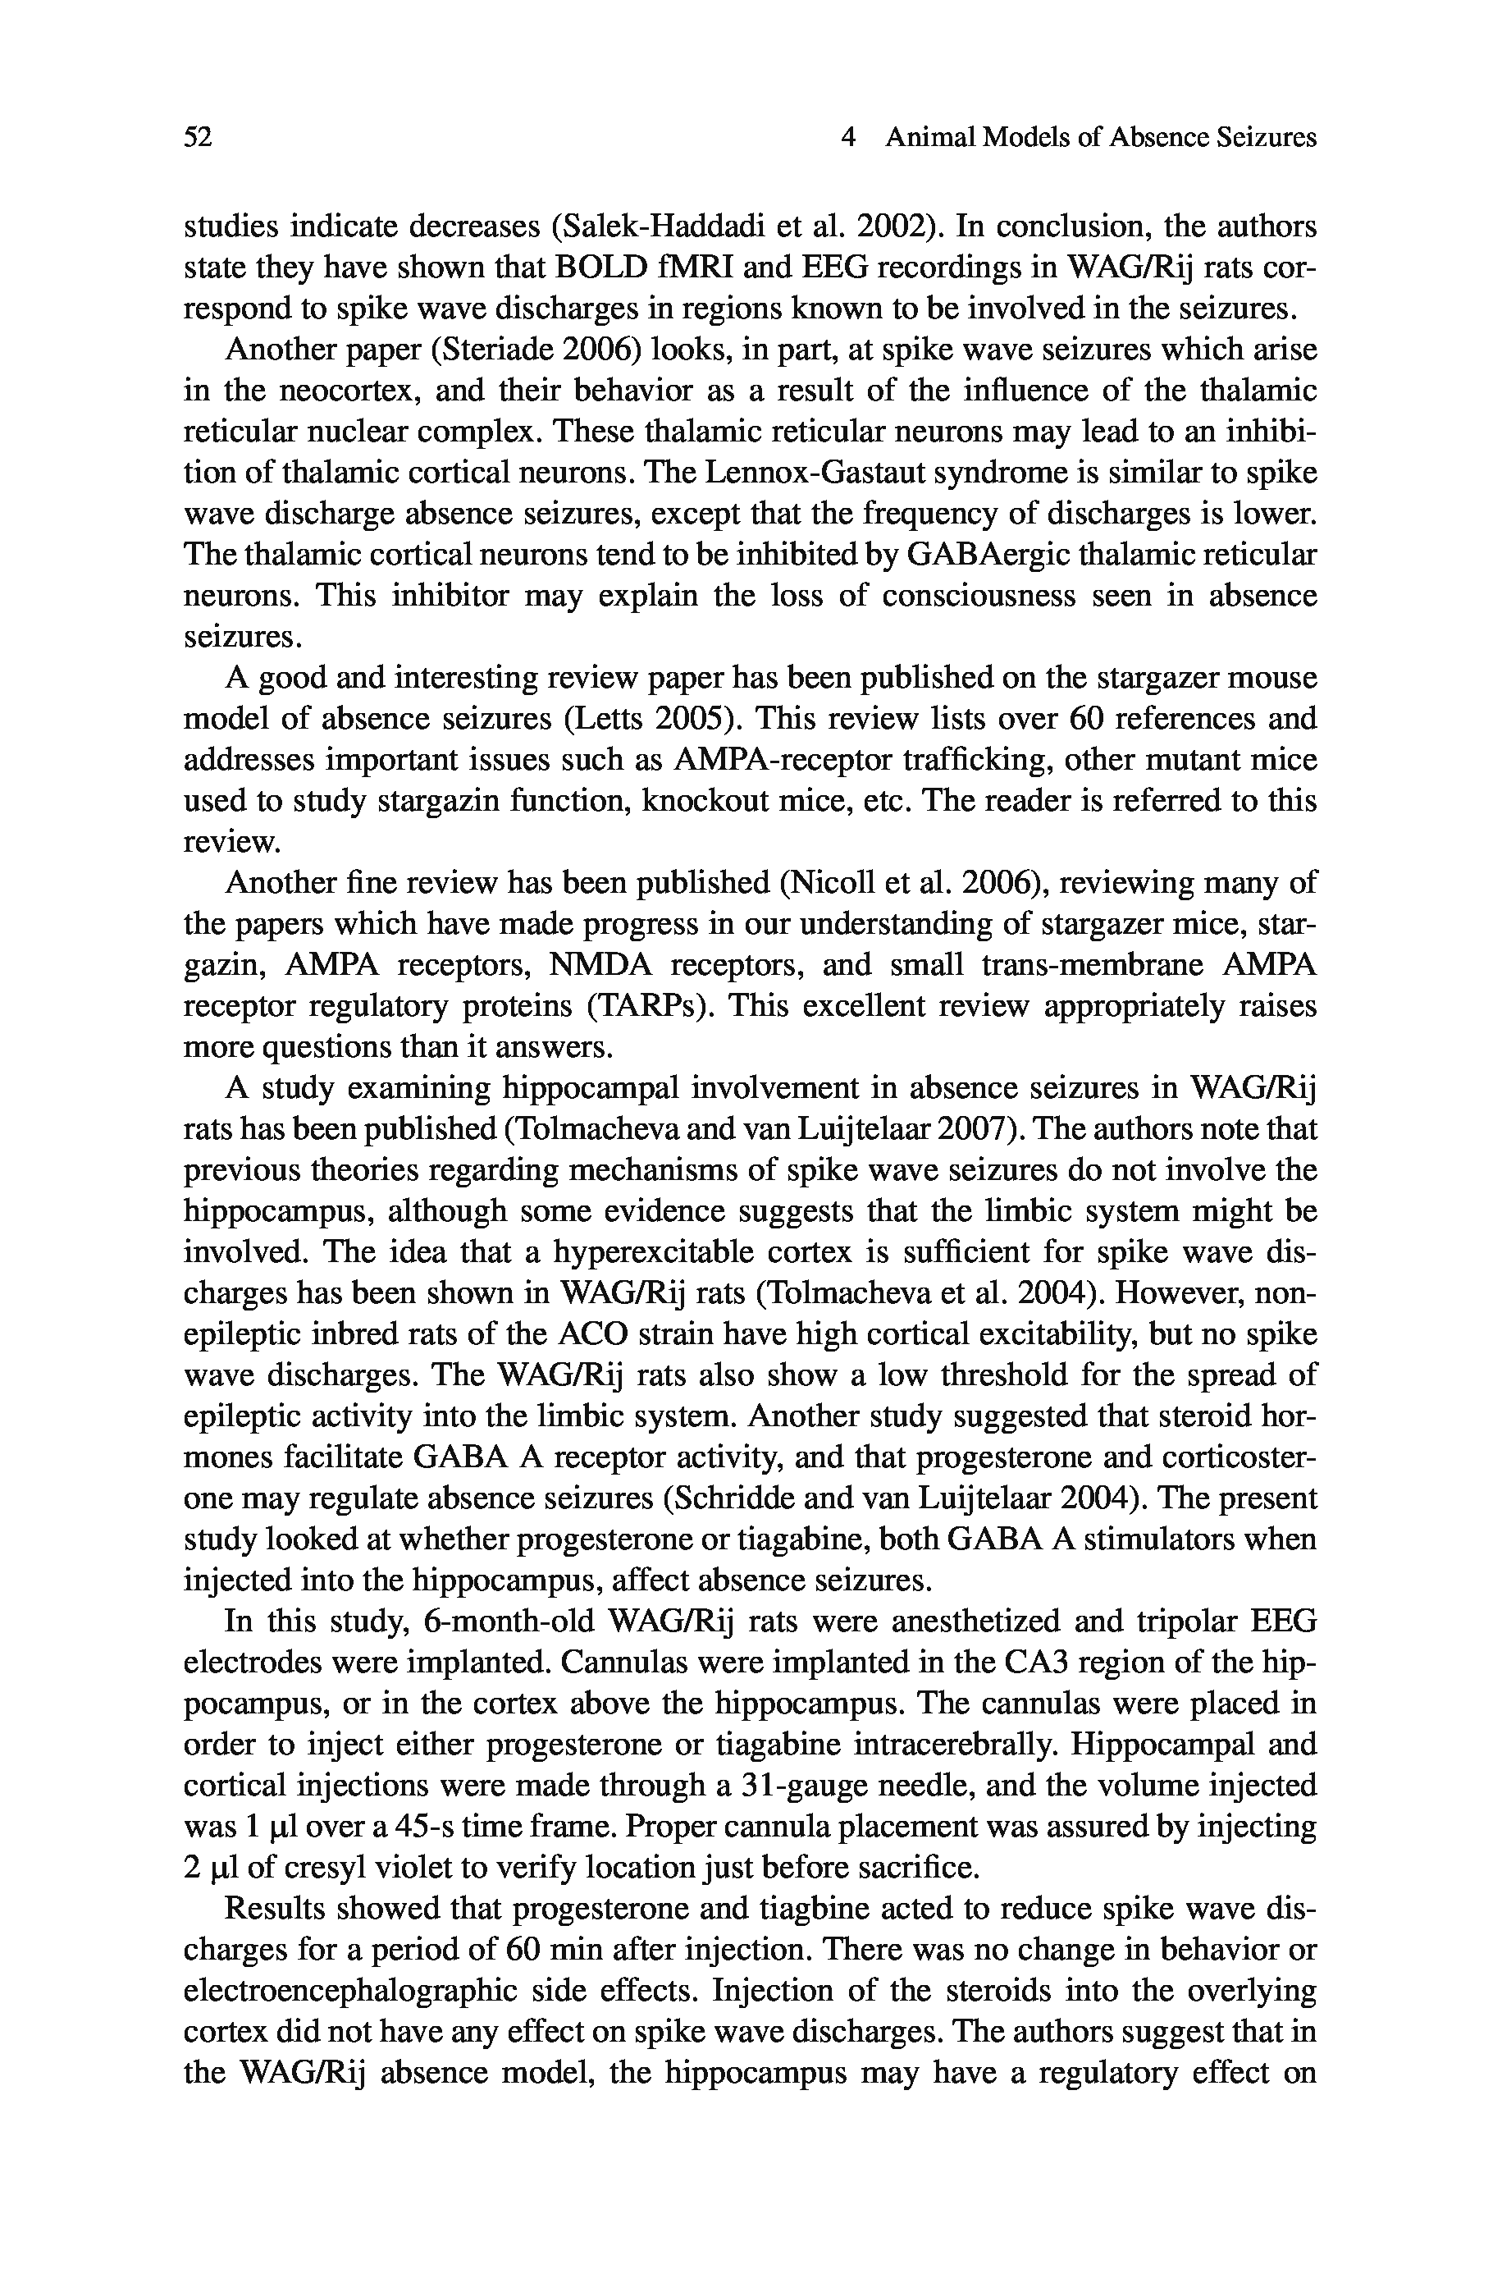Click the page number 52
click(198, 138)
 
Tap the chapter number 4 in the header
click(847, 138)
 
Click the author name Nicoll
click(829, 882)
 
